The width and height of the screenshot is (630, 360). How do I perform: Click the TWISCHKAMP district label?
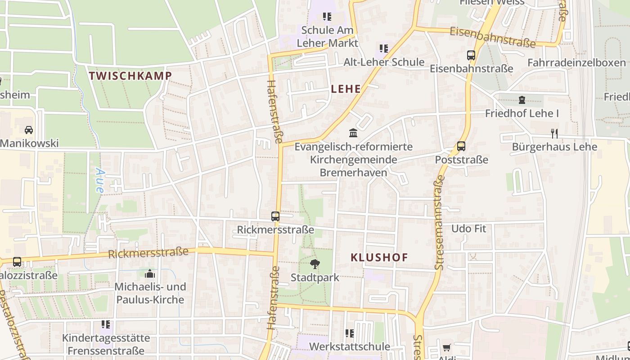(x=130, y=76)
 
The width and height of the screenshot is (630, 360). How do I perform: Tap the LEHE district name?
(x=346, y=89)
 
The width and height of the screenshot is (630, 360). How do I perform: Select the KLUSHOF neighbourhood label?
(x=379, y=258)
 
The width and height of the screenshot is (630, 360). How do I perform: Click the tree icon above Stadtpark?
(x=315, y=264)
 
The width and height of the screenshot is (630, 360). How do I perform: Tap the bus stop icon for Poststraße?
(x=461, y=146)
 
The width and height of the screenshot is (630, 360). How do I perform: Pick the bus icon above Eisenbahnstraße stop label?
(x=471, y=55)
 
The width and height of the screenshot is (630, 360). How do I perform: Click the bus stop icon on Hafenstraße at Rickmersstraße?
(x=275, y=216)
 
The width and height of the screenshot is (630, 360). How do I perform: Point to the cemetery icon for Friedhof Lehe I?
(x=522, y=100)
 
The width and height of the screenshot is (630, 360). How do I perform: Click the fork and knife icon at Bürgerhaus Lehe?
(x=554, y=133)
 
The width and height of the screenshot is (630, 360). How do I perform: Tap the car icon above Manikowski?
(x=29, y=130)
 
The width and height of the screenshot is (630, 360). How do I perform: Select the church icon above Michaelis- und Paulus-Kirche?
(x=150, y=274)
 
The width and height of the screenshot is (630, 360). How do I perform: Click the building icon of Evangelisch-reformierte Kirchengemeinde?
(x=353, y=133)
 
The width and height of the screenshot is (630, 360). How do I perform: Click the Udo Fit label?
(x=468, y=229)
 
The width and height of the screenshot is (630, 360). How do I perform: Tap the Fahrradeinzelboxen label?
(x=576, y=63)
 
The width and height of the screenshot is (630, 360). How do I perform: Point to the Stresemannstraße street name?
(x=440, y=223)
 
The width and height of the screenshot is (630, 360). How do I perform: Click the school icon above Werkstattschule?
(x=350, y=333)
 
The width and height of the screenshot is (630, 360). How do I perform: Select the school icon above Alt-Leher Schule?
(x=384, y=48)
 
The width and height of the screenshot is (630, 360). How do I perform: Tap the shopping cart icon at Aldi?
(x=447, y=347)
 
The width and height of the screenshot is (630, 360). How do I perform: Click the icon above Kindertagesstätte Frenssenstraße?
(x=106, y=324)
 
